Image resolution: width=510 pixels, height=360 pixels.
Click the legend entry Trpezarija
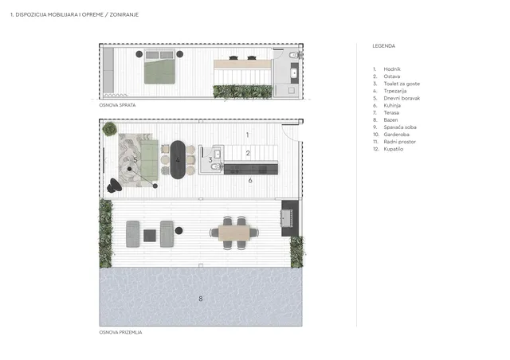(x=395, y=91)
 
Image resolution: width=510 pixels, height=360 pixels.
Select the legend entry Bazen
(x=390, y=120)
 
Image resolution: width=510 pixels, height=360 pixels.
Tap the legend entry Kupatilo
(x=393, y=149)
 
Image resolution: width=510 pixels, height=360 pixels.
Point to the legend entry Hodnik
(x=392, y=69)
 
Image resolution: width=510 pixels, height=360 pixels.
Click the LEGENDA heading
(x=384, y=46)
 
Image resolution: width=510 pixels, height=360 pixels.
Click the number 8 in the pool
(x=201, y=299)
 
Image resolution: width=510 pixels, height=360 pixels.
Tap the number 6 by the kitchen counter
(x=250, y=180)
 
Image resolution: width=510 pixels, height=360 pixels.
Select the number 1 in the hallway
(x=248, y=135)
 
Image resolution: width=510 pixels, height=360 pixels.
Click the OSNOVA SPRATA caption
(x=117, y=105)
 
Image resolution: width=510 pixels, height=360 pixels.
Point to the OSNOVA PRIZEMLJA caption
(x=120, y=332)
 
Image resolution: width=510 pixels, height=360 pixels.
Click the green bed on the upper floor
(x=159, y=67)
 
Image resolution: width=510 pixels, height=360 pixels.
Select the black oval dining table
(x=178, y=159)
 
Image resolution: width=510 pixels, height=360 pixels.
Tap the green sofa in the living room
(x=149, y=160)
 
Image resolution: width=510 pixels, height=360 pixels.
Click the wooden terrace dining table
(x=234, y=233)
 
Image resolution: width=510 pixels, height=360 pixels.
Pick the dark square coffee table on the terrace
(x=150, y=236)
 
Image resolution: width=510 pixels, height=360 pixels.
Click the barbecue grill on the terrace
(x=287, y=218)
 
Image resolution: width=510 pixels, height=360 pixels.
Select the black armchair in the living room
(x=114, y=186)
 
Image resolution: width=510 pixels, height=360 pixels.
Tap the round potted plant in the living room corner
(x=110, y=129)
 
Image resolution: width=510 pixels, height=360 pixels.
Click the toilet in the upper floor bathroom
(x=295, y=55)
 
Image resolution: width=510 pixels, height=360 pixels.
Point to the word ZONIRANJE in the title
(x=124, y=14)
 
